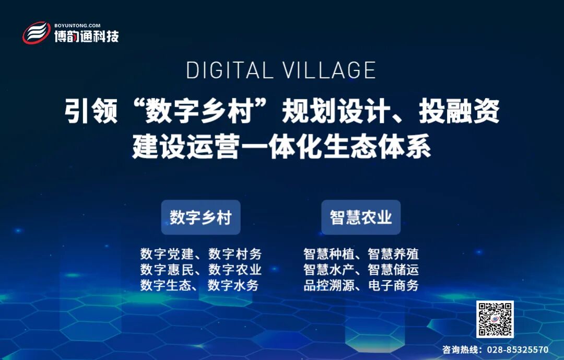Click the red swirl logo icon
[37, 33]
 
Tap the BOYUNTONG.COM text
[77, 25]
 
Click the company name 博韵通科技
[87, 37]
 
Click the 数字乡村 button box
[201, 217]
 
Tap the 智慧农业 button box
[361, 217]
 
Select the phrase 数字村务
[235, 254]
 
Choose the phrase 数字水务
[233, 286]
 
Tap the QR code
[495, 319]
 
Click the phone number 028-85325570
[518, 350]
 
